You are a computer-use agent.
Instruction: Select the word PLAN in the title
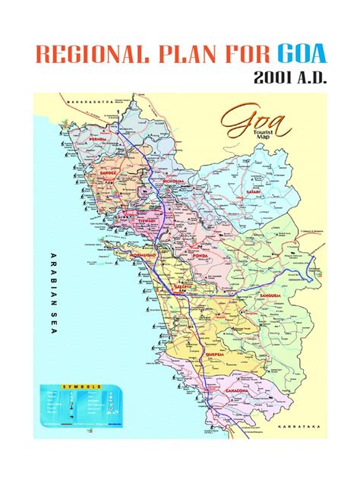pos(190,55)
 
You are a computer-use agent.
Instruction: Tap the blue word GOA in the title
pos(302,55)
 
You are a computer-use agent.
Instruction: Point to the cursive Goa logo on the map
pos(245,122)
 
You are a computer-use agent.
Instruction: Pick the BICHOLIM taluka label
pos(174,182)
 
